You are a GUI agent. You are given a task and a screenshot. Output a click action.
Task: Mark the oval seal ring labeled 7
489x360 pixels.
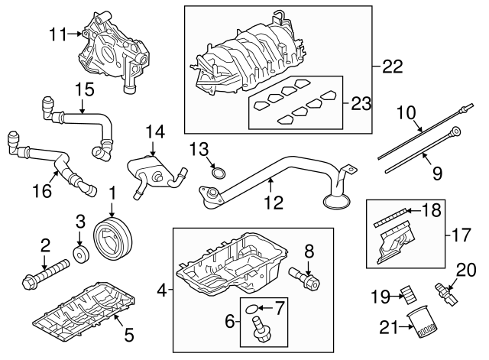click(x=249, y=309)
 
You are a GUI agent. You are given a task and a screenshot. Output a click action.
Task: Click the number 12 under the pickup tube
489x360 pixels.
click(x=273, y=205)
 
